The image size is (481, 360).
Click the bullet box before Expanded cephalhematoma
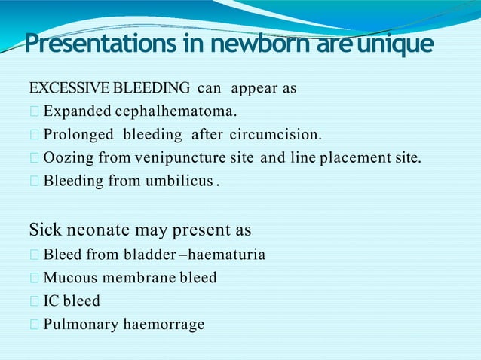(x=33, y=113)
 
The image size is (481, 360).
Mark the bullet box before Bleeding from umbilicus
(x=33, y=182)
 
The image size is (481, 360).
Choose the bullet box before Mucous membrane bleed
(x=33, y=279)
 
